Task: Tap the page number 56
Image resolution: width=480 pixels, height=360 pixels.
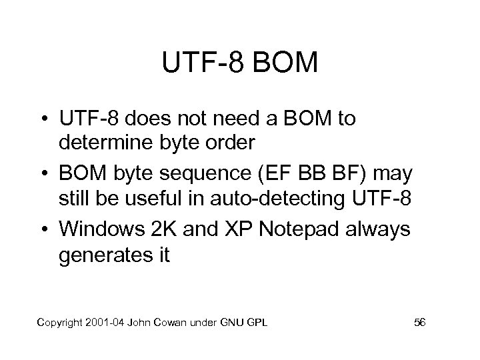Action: coord(420,323)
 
